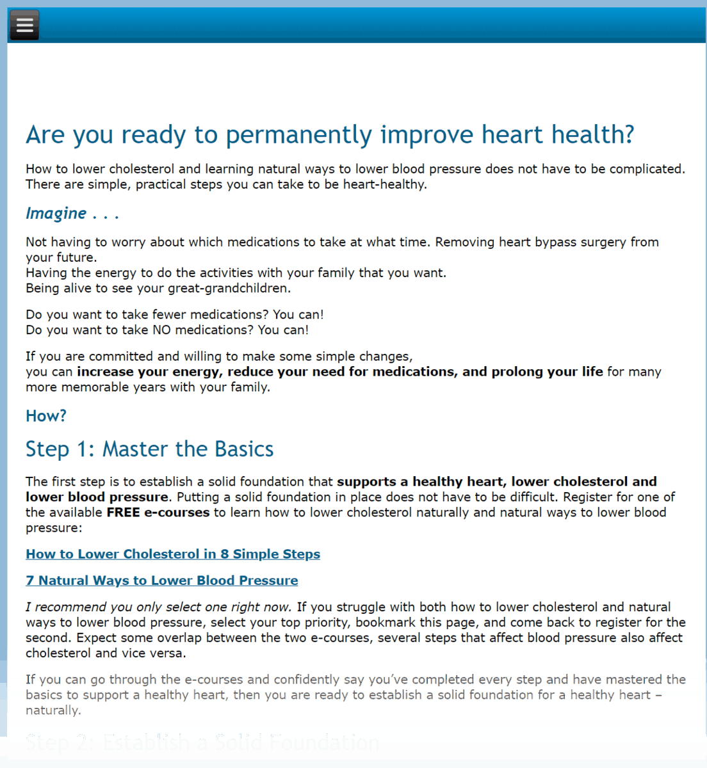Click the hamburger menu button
coord(24,25)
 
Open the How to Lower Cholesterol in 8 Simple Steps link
coord(173,554)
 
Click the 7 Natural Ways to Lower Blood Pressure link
coord(162,580)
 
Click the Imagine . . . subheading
coord(72,214)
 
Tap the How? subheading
coord(46,416)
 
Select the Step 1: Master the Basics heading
coord(149,449)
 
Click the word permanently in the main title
coord(299,135)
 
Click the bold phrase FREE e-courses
coord(158,513)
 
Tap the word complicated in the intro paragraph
coord(646,170)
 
